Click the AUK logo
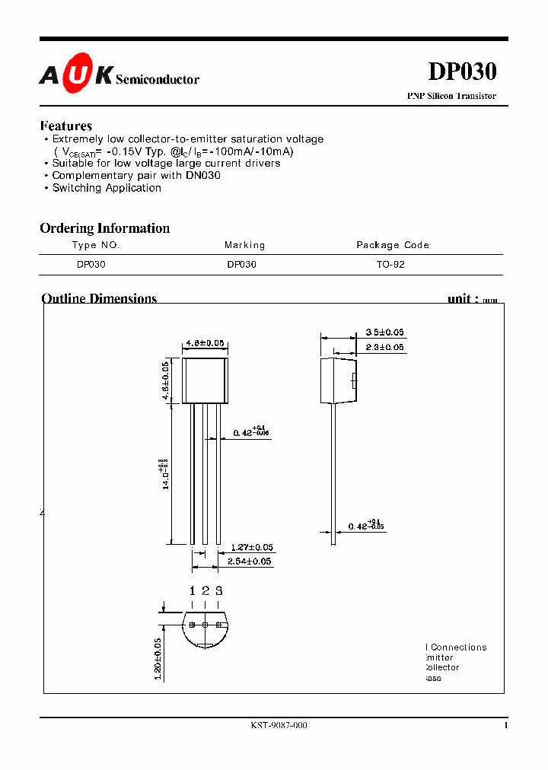(x=77, y=74)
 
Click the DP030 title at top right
(x=462, y=72)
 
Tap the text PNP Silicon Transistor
(x=451, y=96)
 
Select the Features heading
(x=66, y=126)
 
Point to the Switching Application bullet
(x=107, y=188)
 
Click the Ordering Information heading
(x=104, y=228)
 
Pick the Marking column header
(x=244, y=245)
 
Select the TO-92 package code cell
(x=391, y=265)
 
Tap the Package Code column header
(x=393, y=245)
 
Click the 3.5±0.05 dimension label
(x=384, y=332)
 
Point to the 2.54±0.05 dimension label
(x=250, y=562)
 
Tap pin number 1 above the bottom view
(x=192, y=590)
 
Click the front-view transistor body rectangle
(x=205, y=380)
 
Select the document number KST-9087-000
(x=279, y=726)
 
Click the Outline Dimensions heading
(x=99, y=298)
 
